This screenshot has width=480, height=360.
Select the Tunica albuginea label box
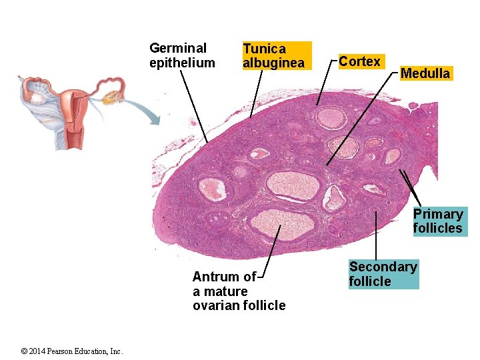[x=276, y=56]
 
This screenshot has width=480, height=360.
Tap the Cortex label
[x=359, y=62]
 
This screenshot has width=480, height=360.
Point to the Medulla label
[x=425, y=73]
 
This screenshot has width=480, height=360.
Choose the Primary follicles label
[x=437, y=221]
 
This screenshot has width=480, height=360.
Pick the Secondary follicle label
[x=383, y=274]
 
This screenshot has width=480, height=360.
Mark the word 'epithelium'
[x=182, y=63]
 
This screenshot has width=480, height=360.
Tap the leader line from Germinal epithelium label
[x=193, y=107]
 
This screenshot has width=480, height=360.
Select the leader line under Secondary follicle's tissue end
[x=375, y=233]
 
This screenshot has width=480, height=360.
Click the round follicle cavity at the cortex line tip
[x=330, y=117]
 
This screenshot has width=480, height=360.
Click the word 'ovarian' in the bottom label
[x=215, y=306]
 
